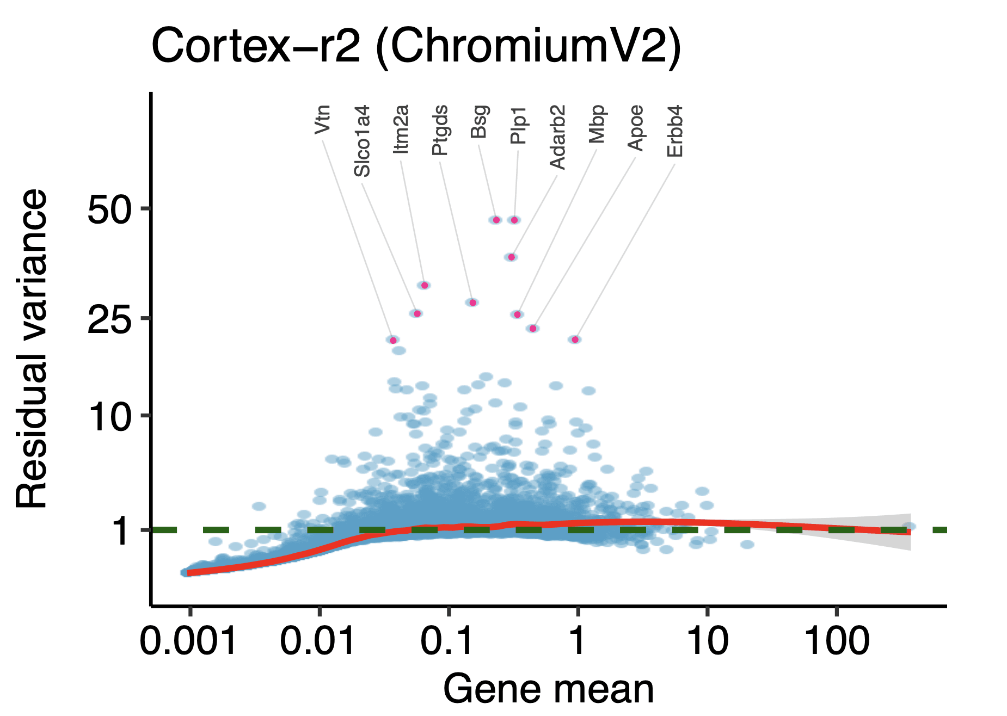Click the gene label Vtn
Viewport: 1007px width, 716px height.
pos(323,120)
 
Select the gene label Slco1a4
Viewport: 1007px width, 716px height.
pos(362,141)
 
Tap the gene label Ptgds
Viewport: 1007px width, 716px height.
pos(440,131)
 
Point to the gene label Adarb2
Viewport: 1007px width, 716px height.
pos(557,137)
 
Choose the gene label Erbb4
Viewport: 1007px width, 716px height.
pos(674,131)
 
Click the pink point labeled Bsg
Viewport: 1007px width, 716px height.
pos(496,220)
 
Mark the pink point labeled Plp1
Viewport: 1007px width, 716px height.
pos(514,220)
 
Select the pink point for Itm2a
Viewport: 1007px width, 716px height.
pos(425,285)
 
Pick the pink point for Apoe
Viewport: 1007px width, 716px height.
pos(533,328)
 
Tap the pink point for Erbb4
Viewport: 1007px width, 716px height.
pos(575,340)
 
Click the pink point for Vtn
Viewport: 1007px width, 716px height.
pos(393,340)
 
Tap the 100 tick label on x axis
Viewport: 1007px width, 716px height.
pos(837,641)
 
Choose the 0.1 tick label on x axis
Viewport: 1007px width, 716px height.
pos(449,641)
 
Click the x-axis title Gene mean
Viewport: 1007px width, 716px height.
pos(548,689)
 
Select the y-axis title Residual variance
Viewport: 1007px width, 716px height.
pos(32,349)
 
